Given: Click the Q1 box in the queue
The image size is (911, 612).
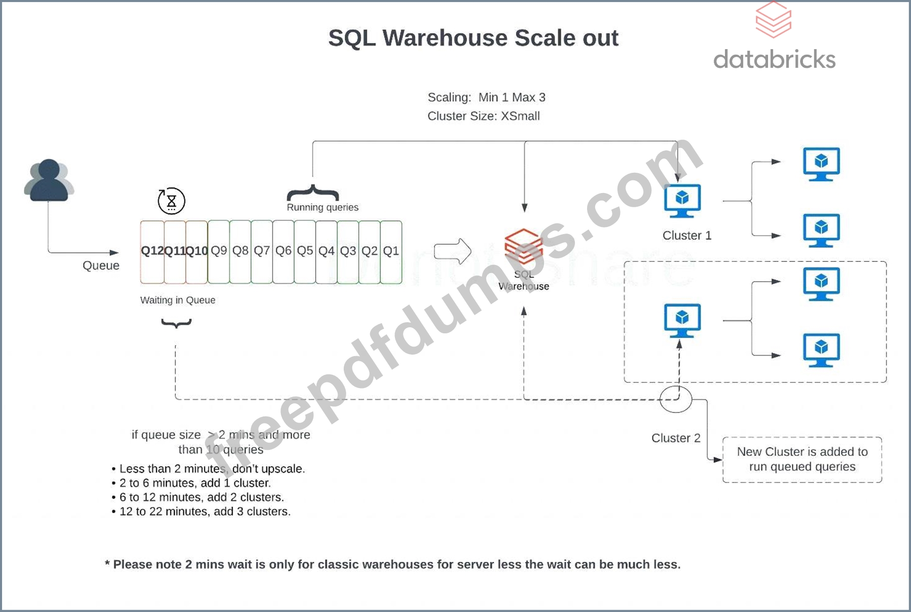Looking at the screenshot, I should pos(391,252).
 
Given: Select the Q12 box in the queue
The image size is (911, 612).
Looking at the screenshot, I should pos(152,252).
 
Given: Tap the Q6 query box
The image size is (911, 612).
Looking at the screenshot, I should pos(283,252).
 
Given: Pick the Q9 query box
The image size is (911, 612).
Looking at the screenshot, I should pos(218,252).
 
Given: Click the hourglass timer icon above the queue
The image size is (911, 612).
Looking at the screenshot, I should pos(171,201).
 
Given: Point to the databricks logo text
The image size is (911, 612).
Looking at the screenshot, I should pos(774,60).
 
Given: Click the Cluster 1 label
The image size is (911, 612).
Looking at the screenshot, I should pos(687,236).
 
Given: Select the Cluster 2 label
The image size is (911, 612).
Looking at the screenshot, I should pos(676,438).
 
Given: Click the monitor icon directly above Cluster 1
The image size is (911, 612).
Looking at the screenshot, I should pos(682,201).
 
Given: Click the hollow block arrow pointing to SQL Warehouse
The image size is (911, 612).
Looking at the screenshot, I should pos(453,251).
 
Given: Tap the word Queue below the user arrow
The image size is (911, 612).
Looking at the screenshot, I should pos(101,265).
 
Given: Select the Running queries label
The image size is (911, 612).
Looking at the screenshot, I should pos(322,207).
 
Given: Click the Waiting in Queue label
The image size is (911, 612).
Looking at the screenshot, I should pos(177,300).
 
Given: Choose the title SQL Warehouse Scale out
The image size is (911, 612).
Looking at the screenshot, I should pos(473,38).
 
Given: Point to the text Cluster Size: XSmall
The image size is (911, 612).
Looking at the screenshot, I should pos(483,116).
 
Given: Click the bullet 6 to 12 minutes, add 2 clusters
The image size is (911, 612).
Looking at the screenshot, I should pos(201,497).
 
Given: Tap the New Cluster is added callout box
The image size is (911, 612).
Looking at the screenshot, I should pos(802,459).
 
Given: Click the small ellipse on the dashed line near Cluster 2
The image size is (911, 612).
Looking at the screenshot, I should pos(676,399).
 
